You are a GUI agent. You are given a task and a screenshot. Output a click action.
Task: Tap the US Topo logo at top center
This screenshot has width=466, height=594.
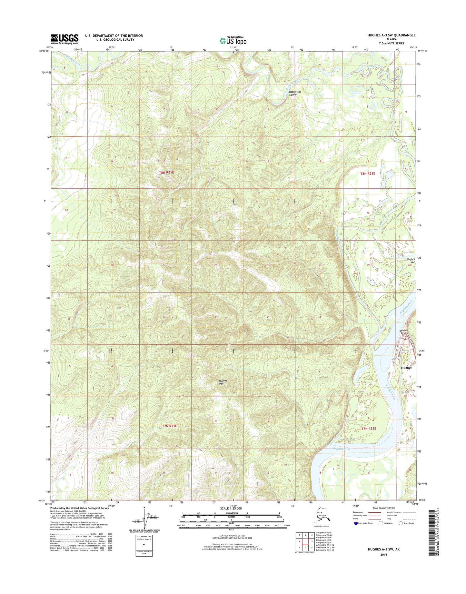click(233, 40)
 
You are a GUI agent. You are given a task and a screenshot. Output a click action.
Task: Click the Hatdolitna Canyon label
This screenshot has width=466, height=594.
click(293, 93)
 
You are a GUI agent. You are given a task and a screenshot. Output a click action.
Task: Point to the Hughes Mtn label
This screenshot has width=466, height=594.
click(223, 382)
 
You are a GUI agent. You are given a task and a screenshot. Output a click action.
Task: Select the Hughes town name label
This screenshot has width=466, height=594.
click(406, 368)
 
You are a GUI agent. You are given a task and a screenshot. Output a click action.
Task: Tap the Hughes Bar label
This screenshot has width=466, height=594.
click(411, 261)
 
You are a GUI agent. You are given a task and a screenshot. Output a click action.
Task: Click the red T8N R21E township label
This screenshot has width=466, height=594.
click(166, 173)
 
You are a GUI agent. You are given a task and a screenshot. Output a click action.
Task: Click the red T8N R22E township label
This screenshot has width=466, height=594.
click(368, 173)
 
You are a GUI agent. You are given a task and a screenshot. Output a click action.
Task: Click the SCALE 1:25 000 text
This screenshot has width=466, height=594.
click(231, 509)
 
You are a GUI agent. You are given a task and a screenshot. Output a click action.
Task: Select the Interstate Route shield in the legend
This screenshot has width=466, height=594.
click(356, 523)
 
